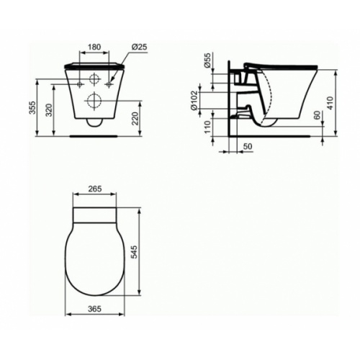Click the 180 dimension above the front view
94,47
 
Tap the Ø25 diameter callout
140,47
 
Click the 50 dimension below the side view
248,146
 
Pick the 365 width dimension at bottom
92,308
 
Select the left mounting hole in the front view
78,84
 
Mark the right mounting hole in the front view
109,84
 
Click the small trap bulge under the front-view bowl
94,122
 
